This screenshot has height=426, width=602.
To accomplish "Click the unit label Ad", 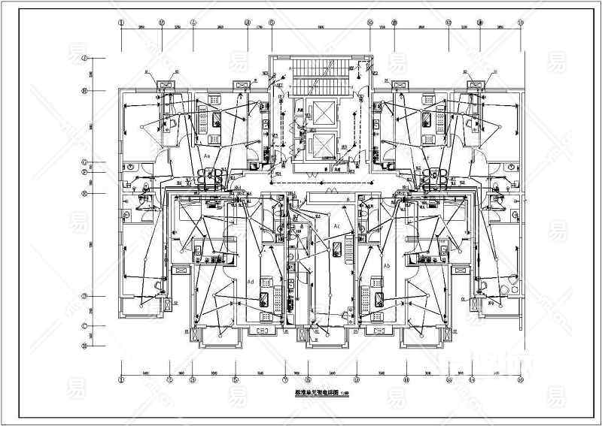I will tap(250, 281).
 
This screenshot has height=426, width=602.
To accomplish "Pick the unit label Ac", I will tap(337, 226).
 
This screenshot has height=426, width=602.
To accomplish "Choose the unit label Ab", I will tap(387, 267).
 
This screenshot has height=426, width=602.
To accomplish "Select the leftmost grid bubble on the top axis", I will tap(121, 23).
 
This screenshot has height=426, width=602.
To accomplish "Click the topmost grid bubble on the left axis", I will tap(85, 58).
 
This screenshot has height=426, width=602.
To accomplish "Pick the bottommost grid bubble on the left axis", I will tap(85, 346).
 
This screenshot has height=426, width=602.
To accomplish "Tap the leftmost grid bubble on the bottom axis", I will tap(121, 380).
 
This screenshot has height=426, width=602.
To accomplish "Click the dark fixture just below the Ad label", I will tap(265, 298).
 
